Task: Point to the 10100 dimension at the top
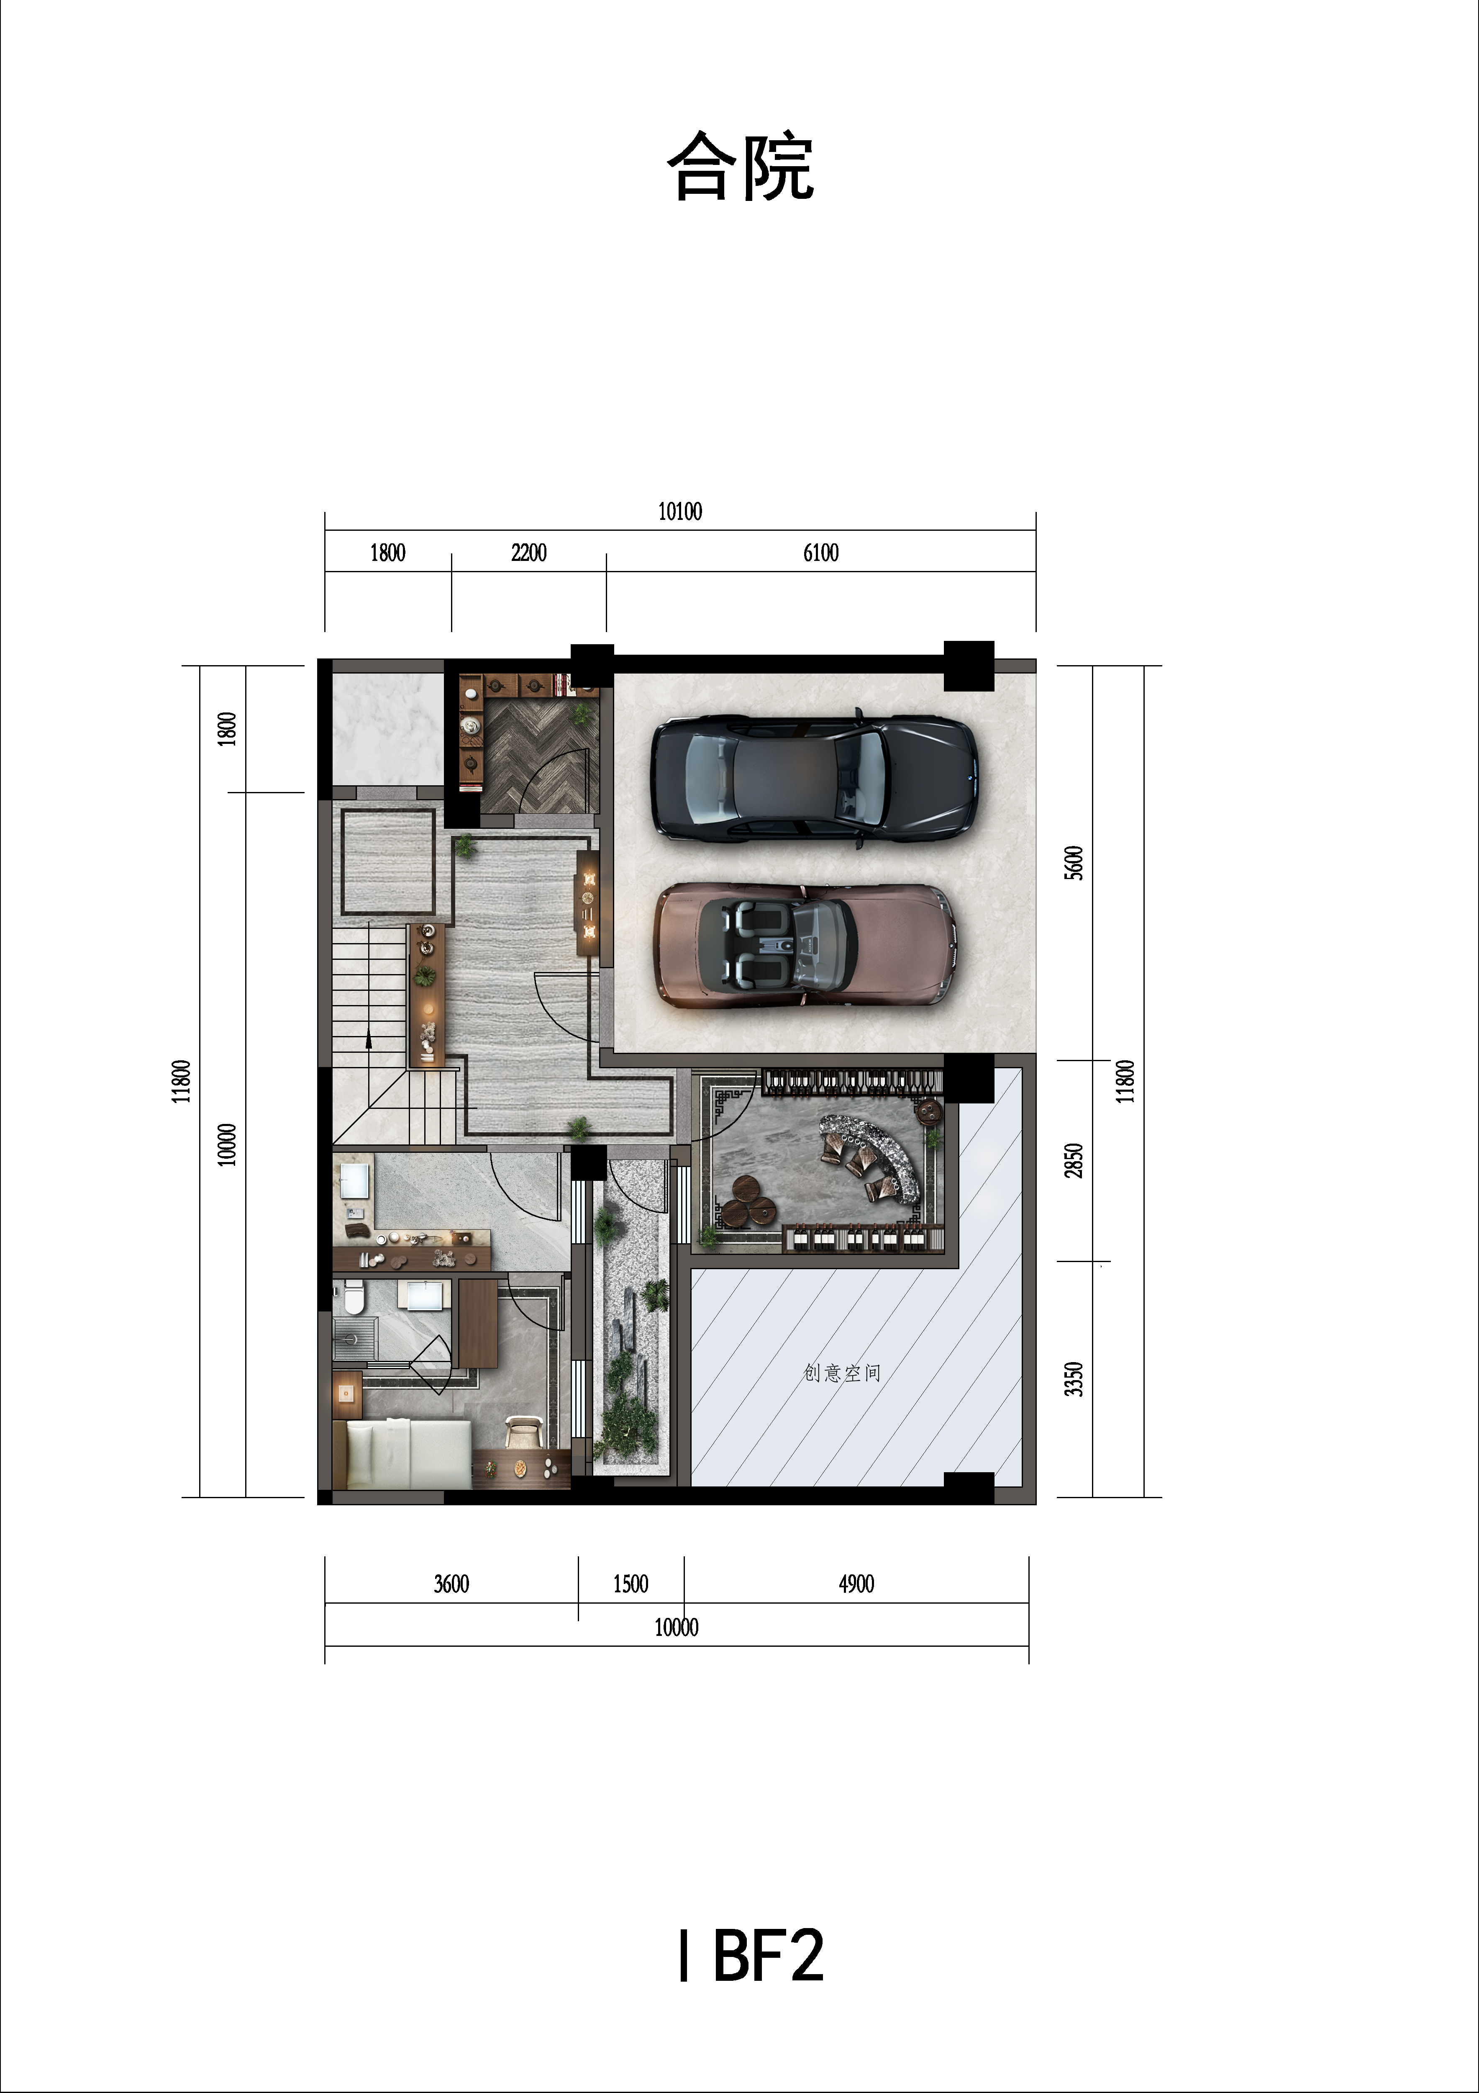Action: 680,512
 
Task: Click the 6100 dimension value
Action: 820,553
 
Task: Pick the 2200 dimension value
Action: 528,553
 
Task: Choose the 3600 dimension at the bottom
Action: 451,1584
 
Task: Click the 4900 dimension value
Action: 856,1584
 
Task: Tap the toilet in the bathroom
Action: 354,1297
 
